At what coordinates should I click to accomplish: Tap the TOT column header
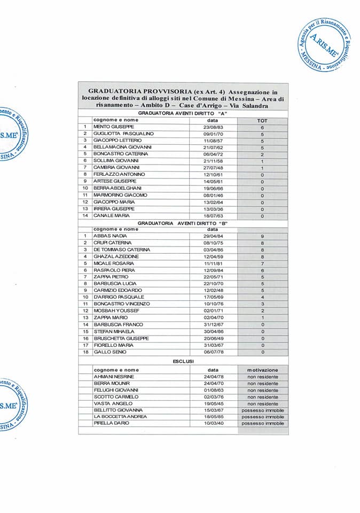pos(262,120)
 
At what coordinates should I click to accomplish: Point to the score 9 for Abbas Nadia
pos(262,236)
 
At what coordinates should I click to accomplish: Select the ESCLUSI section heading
pos(183,362)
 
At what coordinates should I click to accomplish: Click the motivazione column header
pos(262,370)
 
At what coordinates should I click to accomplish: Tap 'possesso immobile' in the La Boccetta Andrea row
pos(262,416)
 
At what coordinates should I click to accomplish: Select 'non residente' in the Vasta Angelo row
pos(262,403)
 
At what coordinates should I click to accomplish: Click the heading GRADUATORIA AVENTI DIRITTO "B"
pos(183,222)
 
